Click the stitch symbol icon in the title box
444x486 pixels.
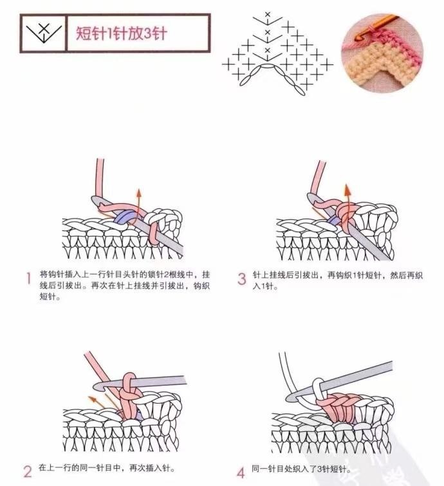(x=44, y=33)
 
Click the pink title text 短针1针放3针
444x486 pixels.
(x=122, y=33)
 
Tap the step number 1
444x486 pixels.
(x=29, y=278)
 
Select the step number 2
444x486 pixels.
(x=27, y=471)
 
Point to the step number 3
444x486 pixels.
(x=242, y=278)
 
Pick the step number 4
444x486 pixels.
(x=241, y=473)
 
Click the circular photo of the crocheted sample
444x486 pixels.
(x=382, y=53)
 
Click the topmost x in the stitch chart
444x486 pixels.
(x=268, y=14)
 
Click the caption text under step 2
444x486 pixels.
(x=107, y=468)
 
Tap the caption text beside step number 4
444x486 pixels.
(x=301, y=469)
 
